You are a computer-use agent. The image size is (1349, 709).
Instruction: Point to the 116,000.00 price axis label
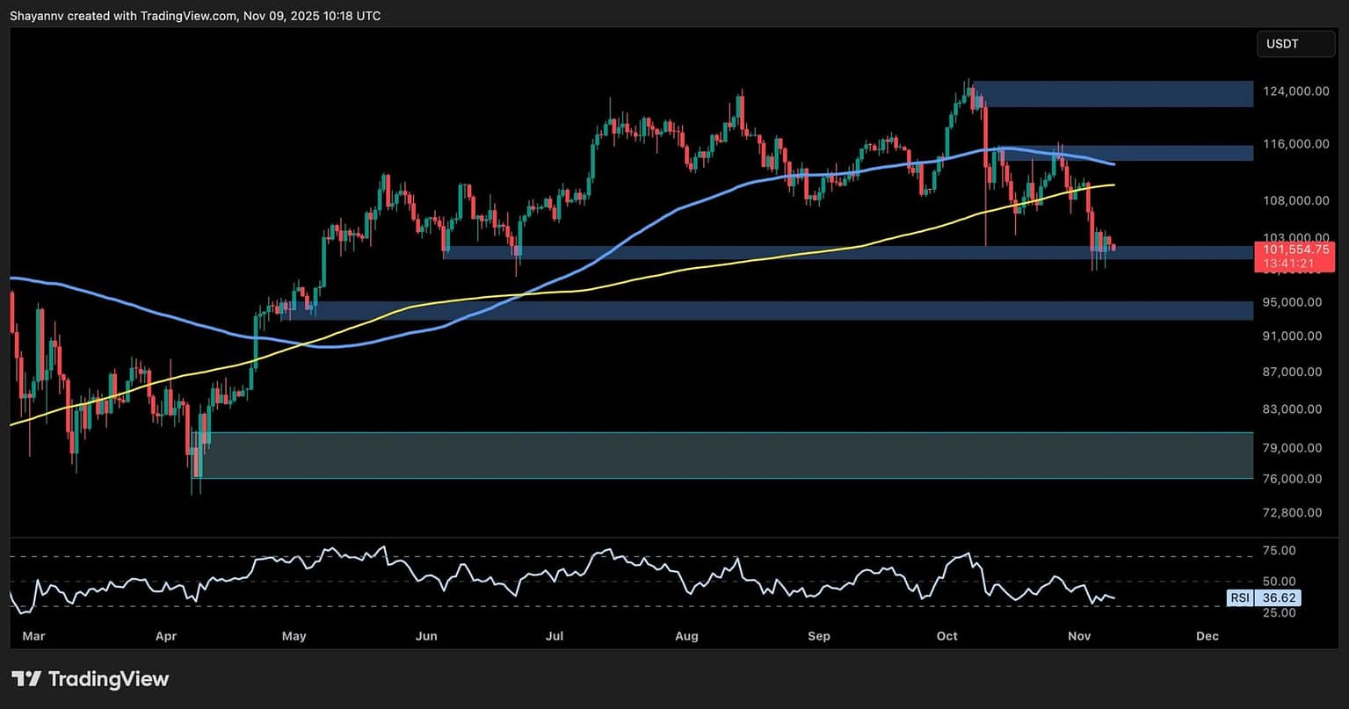tap(1291, 143)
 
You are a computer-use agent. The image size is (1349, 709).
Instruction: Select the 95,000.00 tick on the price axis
tap(1293, 302)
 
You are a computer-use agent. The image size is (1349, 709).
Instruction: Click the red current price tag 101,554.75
tap(1295, 250)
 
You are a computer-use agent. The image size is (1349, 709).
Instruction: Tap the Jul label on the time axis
tap(555, 636)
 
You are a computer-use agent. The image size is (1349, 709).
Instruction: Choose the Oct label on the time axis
tap(947, 636)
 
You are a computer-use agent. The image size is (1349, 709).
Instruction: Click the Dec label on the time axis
tap(1208, 636)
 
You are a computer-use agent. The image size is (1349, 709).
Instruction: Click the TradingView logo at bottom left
tap(90, 679)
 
